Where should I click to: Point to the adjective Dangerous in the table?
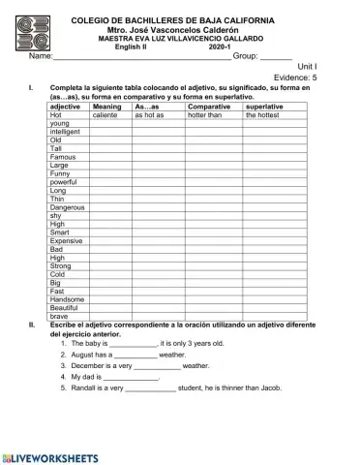point(68,207)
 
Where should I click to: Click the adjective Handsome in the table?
point(68,299)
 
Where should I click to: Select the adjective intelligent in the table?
point(66,132)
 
